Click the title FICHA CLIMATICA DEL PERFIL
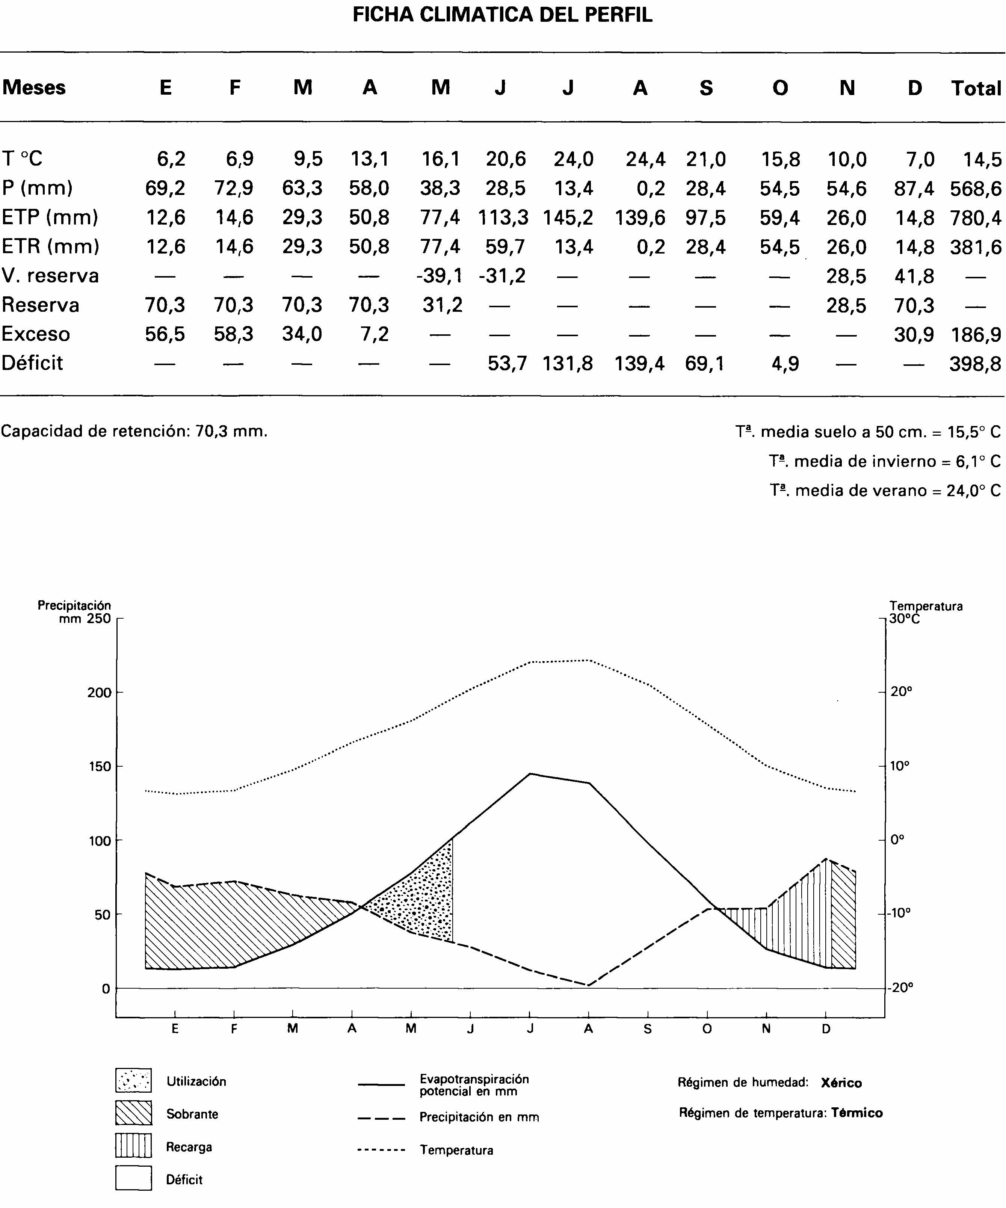502,14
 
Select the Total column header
976,88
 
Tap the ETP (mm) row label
50,217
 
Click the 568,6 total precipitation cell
976,189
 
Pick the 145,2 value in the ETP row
567,217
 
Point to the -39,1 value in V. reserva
440,276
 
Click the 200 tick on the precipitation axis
99,693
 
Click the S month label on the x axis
648,1029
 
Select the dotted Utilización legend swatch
133,1080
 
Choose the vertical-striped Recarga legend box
133,1145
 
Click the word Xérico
841,1083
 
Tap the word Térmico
857,1113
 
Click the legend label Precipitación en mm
479,1117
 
